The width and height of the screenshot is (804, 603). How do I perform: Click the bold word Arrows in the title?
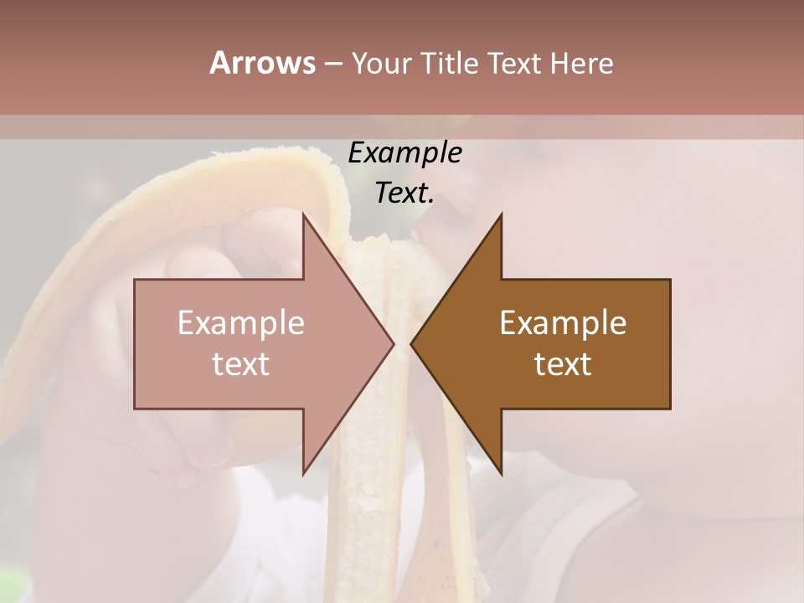pos(262,63)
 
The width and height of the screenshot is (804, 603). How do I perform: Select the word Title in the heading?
pos(454,64)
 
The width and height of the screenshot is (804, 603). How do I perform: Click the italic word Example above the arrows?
pos(405,153)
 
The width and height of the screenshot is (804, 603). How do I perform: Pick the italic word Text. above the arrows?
pos(405,193)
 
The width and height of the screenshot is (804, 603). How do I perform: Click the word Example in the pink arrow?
pos(241,322)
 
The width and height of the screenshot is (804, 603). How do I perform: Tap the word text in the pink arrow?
pos(241,363)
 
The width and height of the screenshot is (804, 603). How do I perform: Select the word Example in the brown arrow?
pos(563,322)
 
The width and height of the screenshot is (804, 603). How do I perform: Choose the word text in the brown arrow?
pos(563,363)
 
